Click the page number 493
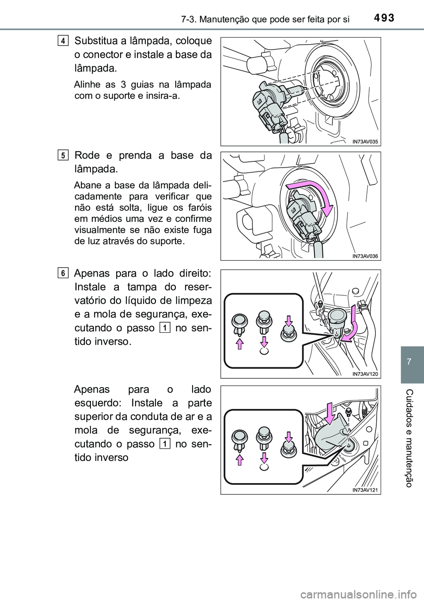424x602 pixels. (x=383, y=18)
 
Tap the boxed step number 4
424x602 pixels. (x=64, y=41)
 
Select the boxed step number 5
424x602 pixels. (x=64, y=155)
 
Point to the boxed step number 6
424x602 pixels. (x=64, y=274)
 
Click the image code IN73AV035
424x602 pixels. (x=366, y=141)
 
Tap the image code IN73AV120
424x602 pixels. (x=366, y=373)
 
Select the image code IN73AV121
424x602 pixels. (x=366, y=489)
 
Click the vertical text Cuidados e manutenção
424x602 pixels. (x=412, y=437)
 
